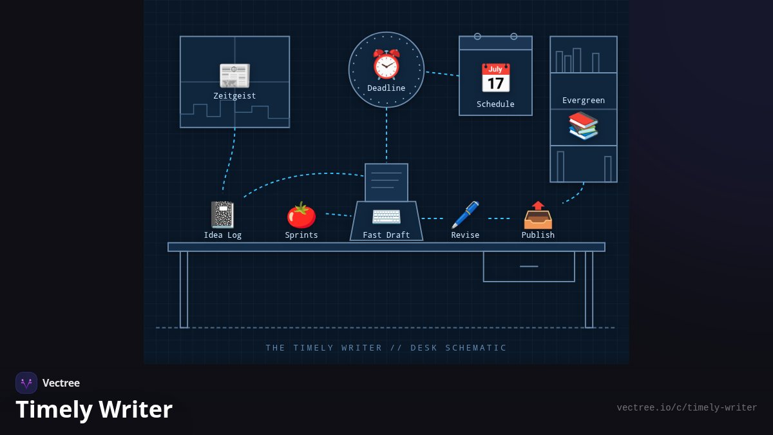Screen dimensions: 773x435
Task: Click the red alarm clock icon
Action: pos(386,64)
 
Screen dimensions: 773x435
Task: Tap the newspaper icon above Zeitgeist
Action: pos(234,75)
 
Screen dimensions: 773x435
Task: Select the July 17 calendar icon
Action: pos(495,78)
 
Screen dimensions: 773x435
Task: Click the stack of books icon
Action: pos(583,126)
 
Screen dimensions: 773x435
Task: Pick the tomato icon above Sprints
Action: pos(301,215)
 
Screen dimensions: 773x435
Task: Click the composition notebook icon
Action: pos(223,215)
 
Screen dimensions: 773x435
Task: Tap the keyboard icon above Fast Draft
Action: pos(386,217)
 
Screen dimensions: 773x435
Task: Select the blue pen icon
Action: pos(465,215)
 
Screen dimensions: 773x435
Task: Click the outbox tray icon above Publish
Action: pos(538,215)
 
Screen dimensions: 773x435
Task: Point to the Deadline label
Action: pos(386,88)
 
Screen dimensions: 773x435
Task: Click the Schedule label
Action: pos(495,104)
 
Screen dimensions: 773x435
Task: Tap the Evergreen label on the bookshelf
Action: pos(584,101)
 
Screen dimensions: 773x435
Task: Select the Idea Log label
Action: pos(223,235)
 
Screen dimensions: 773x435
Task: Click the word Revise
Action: pos(465,235)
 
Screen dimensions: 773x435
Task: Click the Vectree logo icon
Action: pos(26,383)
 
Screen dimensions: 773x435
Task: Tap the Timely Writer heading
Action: pos(94,409)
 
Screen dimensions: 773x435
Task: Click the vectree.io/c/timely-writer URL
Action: pos(687,408)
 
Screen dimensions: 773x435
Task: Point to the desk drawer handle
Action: pos(529,267)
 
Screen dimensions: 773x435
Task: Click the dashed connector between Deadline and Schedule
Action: pos(442,74)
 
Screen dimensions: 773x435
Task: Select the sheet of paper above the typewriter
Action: pos(386,182)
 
